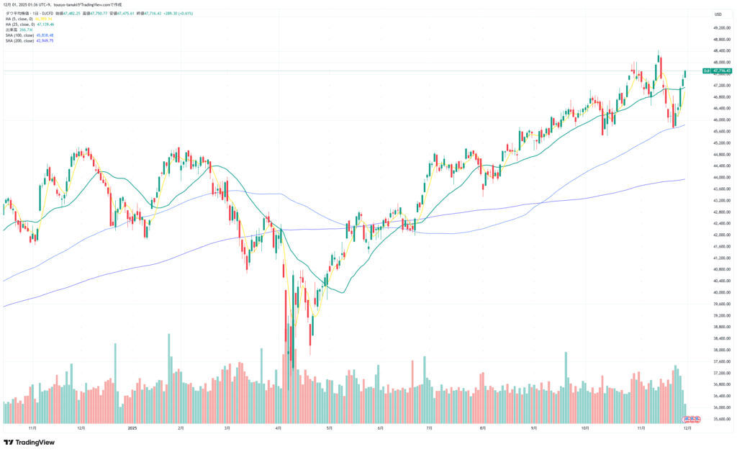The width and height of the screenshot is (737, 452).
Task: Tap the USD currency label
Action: (718, 14)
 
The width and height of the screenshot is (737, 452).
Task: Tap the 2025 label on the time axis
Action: (132, 428)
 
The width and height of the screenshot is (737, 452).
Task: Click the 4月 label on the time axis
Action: (279, 428)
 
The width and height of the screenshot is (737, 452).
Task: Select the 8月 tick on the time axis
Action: (483, 428)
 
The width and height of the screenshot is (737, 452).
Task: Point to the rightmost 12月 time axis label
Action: (687, 428)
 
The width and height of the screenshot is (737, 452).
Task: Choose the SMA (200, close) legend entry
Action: (29, 41)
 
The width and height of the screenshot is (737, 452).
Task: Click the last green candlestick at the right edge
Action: (685, 73)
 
